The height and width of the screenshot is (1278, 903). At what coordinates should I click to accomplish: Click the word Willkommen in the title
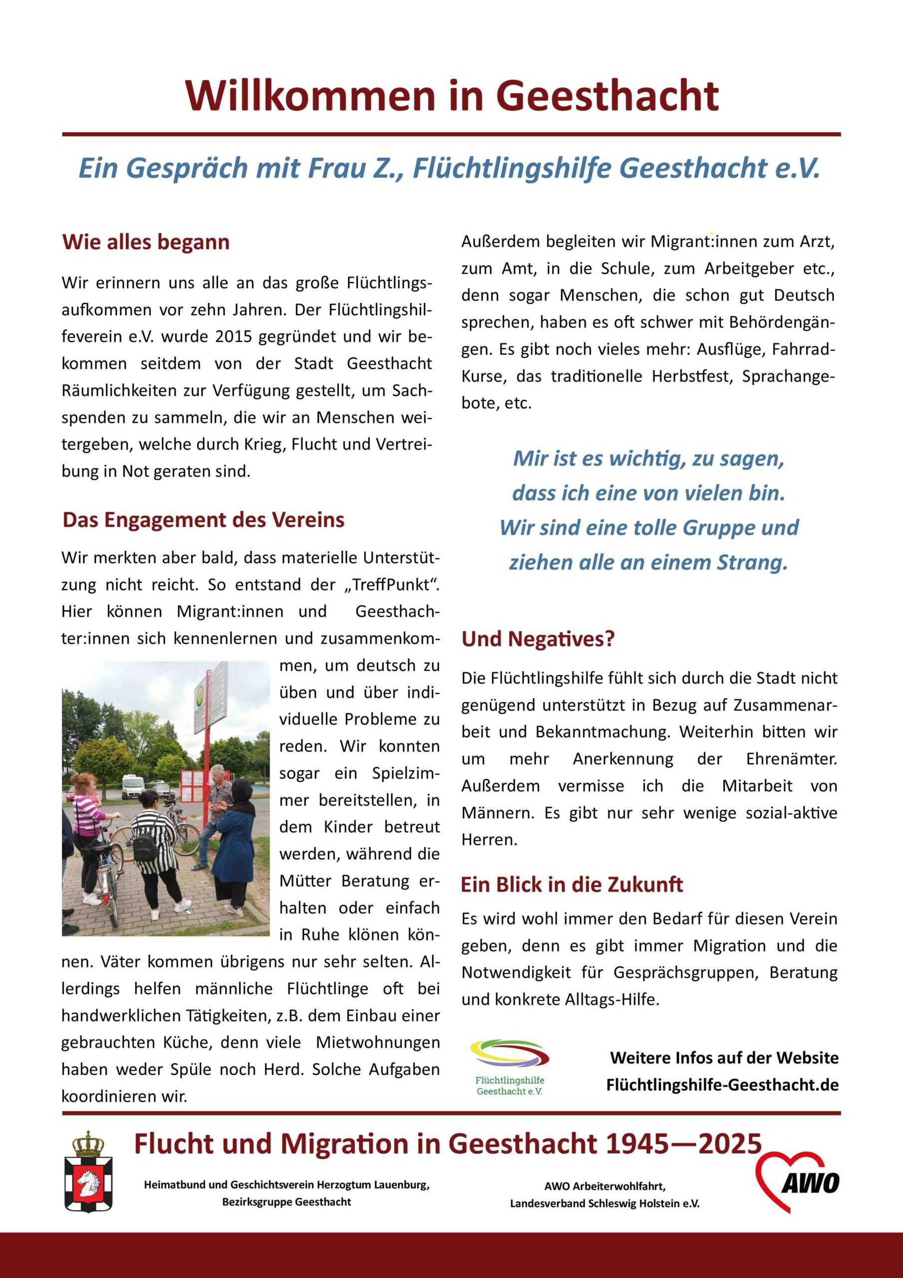point(310,96)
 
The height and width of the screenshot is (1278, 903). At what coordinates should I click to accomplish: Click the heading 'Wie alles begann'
point(146,242)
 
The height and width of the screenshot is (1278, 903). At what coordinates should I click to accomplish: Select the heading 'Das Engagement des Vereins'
point(203,519)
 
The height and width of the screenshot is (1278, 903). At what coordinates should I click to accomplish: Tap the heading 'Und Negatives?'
point(538,639)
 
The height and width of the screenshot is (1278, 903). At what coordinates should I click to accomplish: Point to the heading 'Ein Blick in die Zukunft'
point(572,885)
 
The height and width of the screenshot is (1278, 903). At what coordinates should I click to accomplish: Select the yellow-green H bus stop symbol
point(199,693)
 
